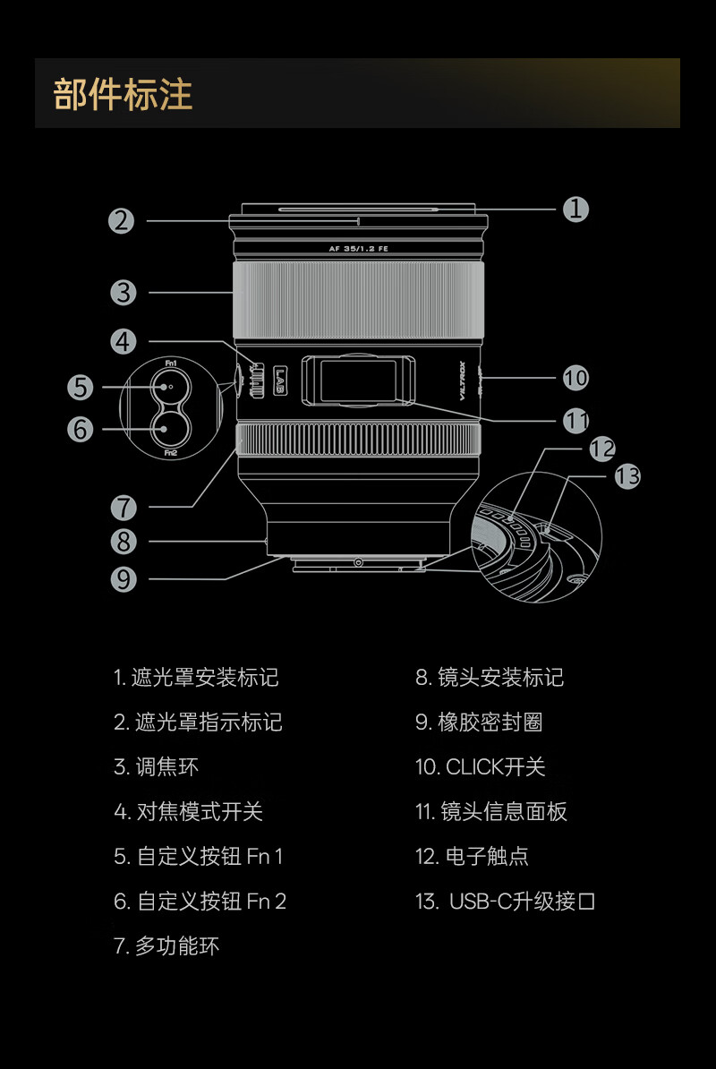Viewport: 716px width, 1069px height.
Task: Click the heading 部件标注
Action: coord(124,95)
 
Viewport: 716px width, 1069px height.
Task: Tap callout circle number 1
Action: coord(575,209)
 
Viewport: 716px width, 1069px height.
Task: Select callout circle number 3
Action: coord(123,292)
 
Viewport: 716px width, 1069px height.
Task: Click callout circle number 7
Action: coord(124,508)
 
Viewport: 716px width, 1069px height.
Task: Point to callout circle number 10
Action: coord(575,378)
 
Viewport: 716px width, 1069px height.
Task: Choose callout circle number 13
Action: coord(627,476)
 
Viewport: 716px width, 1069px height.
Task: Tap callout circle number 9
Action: coord(124,579)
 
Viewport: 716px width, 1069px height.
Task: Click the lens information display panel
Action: coord(357,380)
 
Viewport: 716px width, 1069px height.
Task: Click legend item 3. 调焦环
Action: coord(156,767)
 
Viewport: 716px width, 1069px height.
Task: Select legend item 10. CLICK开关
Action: coord(480,767)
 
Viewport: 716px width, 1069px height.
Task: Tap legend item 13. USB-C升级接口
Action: coord(505,902)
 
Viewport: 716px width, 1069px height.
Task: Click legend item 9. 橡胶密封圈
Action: coord(478,723)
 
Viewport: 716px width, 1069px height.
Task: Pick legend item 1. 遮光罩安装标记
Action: coord(196,678)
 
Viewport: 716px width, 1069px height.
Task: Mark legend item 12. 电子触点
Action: coord(472,857)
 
